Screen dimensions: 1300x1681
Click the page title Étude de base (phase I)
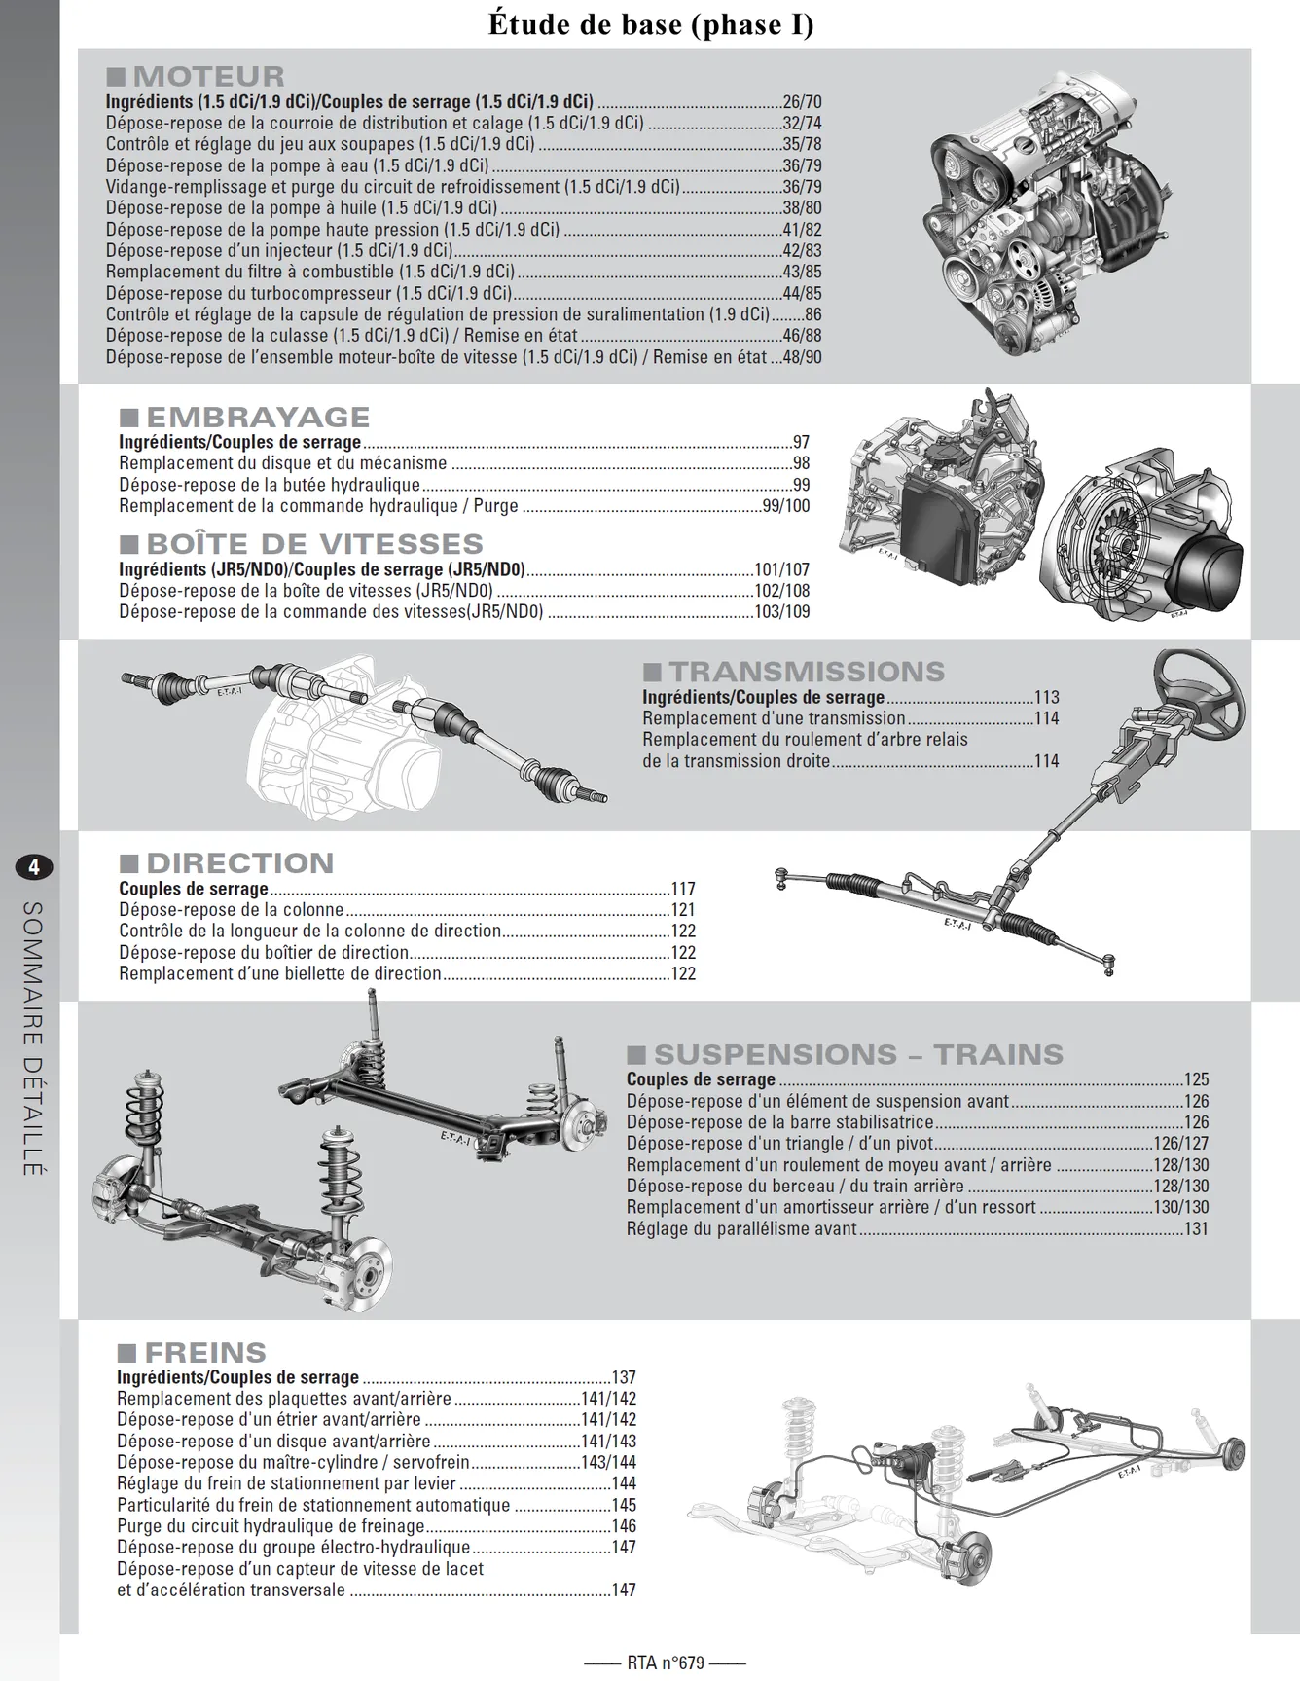coord(650,24)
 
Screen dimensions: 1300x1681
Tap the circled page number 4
coord(35,866)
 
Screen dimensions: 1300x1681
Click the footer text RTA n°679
coord(666,1663)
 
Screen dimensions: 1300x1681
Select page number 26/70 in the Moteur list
coord(802,101)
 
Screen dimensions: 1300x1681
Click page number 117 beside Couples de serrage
coord(683,889)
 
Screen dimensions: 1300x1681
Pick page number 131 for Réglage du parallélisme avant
coord(1196,1228)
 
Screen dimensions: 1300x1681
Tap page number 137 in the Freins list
coord(624,1377)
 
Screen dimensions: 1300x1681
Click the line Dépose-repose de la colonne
coord(232,910)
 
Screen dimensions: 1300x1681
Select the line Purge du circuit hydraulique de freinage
coord(271,1526)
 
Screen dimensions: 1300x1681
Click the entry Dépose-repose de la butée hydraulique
coord(270,485)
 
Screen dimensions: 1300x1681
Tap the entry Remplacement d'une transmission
coord(774,718)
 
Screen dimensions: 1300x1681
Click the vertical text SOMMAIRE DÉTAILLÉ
coord(33,1039)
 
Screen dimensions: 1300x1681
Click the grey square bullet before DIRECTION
coord(128,863)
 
